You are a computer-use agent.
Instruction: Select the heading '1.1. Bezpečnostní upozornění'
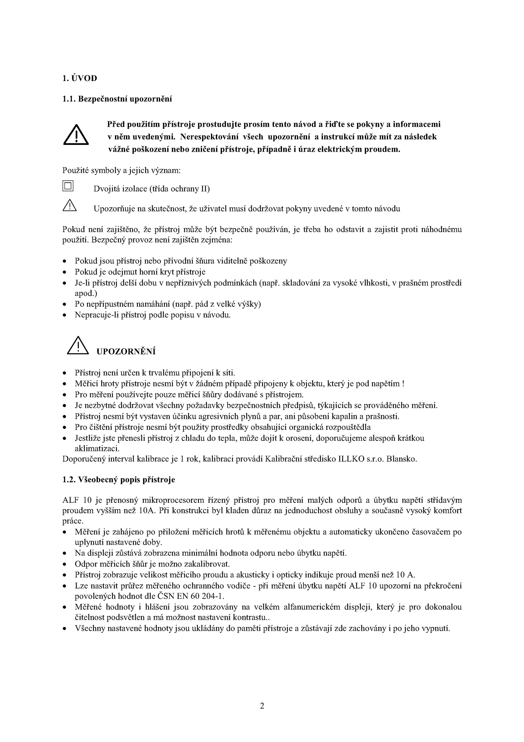coord(117,99)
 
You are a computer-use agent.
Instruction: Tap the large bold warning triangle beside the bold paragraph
coord(76,135)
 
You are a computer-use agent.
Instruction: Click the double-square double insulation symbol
coord(68,186)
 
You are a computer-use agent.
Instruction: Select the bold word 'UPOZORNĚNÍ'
coord(126,352)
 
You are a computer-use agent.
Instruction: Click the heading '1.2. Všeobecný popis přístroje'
coord(119,480)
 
